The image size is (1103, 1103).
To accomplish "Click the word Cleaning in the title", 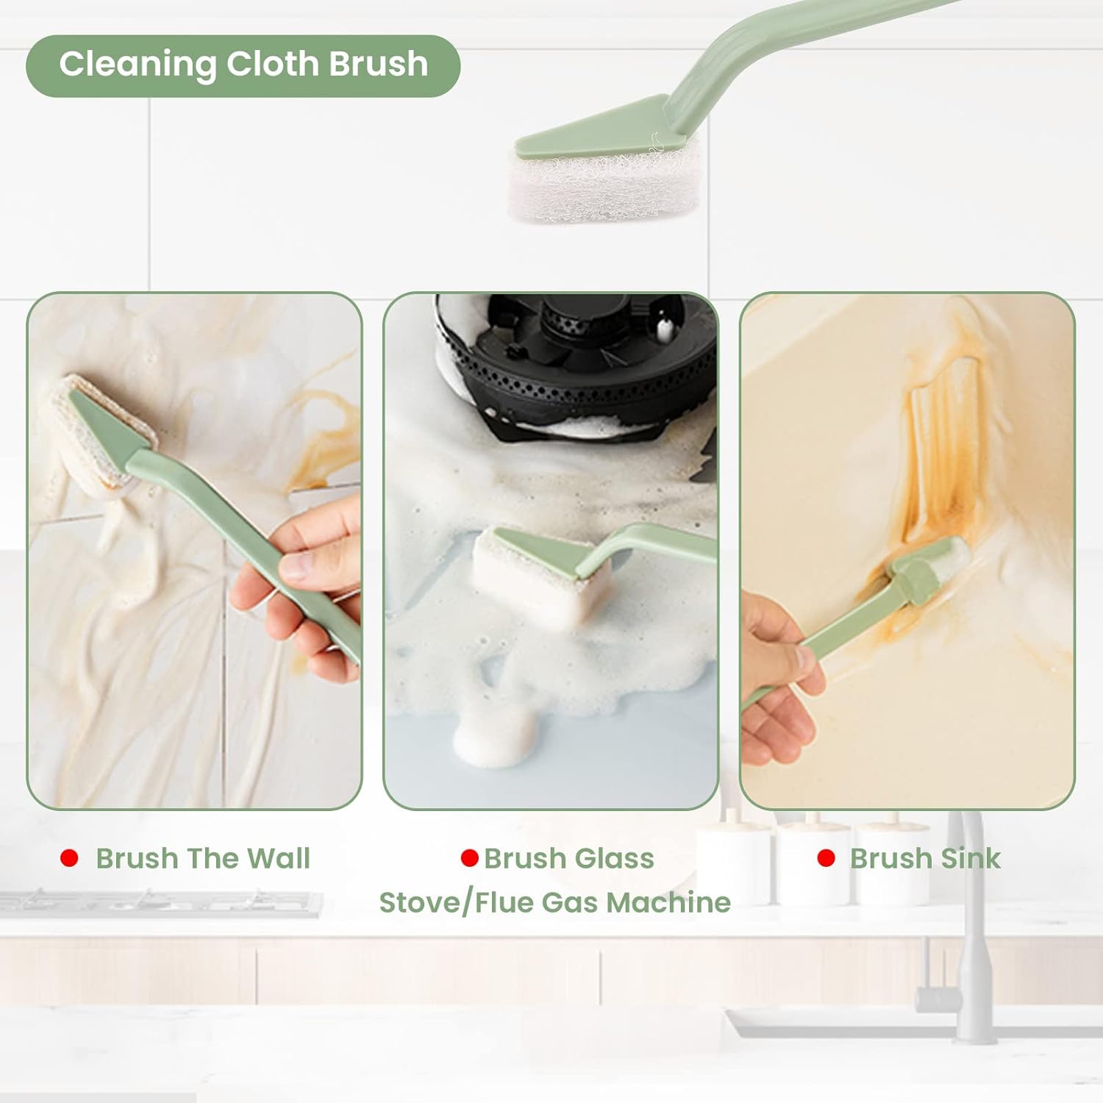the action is point(138,65).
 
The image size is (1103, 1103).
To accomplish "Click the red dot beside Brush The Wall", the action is point(69,858).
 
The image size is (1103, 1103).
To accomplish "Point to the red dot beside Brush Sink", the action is point(826,858).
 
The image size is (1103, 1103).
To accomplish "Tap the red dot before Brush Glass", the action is point(469,858).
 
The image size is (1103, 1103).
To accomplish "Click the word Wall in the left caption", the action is point(278,858).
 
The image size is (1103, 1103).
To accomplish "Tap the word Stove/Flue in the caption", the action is point(463,902).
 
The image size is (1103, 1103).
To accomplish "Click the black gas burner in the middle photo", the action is point(574,360).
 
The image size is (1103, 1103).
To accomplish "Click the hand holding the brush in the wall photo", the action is point(301,588).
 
